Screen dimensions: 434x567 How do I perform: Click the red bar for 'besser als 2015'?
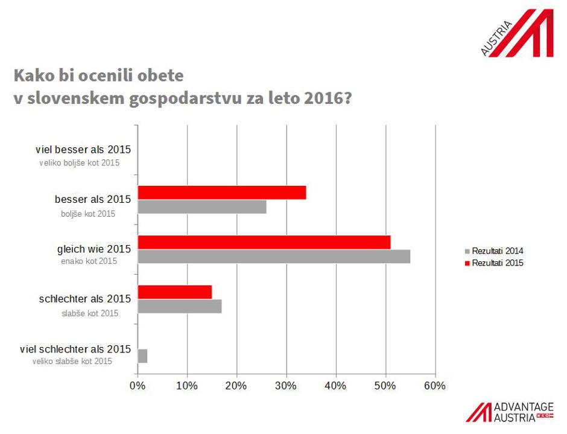(x=222, y=193)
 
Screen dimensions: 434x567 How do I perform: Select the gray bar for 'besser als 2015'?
(x=202, y=207)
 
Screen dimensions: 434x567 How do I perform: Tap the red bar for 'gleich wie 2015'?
(x=264, y=242)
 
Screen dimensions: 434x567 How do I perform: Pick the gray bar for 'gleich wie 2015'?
(x=274, y=257)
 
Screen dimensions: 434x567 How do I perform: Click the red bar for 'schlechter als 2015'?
(x=175, y=292)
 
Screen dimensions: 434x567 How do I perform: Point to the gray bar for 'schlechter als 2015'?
(x=180, y=306)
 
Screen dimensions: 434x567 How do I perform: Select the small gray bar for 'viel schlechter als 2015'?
(x=142, y=356)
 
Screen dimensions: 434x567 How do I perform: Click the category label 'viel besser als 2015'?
(x=83, y=150)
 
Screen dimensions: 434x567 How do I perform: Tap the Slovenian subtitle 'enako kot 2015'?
(x=89, y=261)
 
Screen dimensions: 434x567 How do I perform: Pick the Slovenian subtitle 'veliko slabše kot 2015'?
(x=72, y=361)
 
